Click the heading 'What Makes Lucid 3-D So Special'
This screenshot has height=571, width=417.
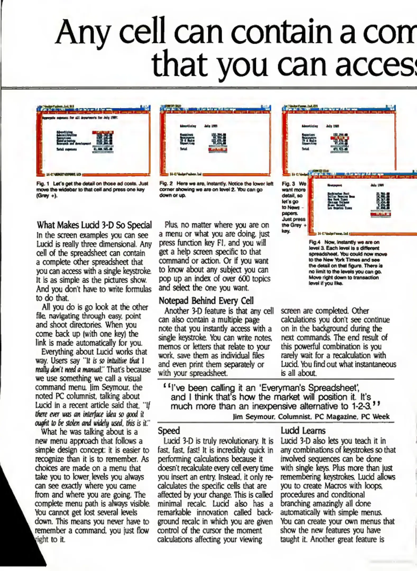pyautogui.click(x=94, y=225)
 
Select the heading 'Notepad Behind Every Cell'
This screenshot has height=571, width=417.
pyautogui.click(x=206, y=301)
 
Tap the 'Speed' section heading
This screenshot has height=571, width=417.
pyautogui.click(x=169, y=431)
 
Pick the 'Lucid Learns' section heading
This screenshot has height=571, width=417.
pyautogui.click(x=303, y=431)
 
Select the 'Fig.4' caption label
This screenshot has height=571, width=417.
pyautogui.click(x=313, y=242)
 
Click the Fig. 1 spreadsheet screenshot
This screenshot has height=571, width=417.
pyautogui.click(x=93, y=140)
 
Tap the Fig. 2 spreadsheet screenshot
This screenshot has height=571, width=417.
pyautogui.click(x=216, y=140)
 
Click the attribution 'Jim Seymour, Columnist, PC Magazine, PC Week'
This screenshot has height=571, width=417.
pyautogui.click(x=311, y=417)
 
